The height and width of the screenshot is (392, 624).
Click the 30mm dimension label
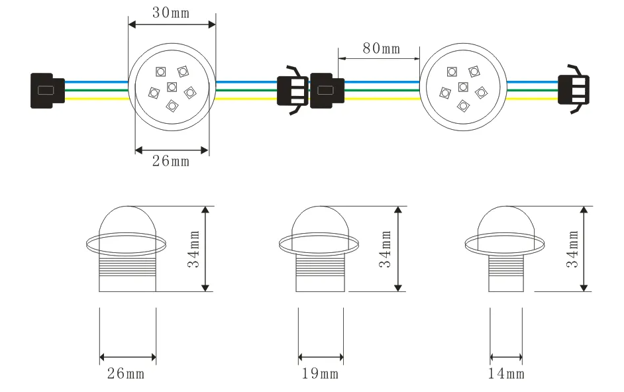[x=172, y=13]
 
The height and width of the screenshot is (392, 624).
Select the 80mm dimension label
[x=381, y=48]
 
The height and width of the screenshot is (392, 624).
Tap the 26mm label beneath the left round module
[x=171, y=162]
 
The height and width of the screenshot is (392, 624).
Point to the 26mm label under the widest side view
[x=126, y=374]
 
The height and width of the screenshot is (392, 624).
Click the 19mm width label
[x=320, y=374]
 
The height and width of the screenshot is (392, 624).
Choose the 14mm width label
[x=506, y=374]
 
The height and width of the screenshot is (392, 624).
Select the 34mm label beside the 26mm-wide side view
[x=193, y=249]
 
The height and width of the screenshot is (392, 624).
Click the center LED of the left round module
[x=172, y=87]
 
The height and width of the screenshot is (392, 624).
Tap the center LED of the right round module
[x=463, y=87]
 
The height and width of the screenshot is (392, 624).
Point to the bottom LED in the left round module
[x=173, y=105]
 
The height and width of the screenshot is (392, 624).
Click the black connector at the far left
[x=47, y=89]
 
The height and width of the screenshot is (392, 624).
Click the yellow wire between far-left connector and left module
[x=96, y=99]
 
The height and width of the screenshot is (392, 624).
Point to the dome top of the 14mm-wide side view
[x=507, y=222]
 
